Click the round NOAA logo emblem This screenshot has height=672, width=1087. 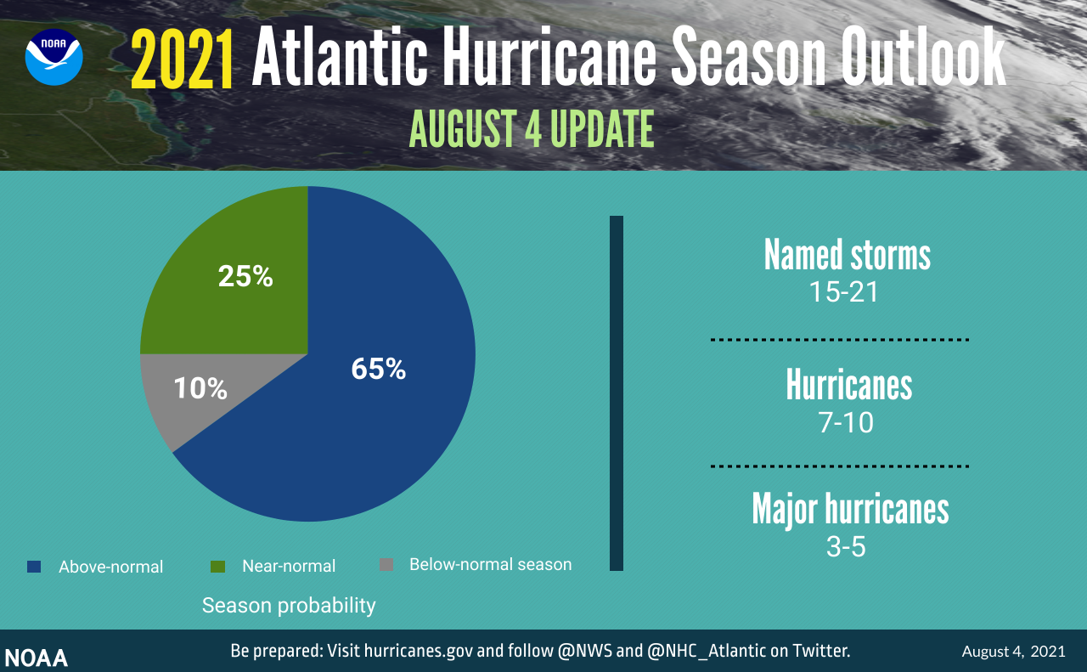[54, 57]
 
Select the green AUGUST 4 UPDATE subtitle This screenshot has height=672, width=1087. [532, 130]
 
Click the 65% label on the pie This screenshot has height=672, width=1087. [379, 369]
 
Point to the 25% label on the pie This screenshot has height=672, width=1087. [245, 276]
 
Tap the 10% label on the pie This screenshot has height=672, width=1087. [200, 388]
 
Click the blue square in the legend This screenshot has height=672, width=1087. [34, 566]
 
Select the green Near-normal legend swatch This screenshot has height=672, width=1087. [217, 566]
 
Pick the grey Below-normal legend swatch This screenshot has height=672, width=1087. [386, 565]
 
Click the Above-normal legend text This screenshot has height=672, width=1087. [110, 567]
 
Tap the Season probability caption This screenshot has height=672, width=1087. [289, 606]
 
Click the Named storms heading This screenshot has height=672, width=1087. [847, 254]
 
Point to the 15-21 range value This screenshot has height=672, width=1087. [843, 292]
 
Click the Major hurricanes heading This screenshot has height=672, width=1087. [850, 509]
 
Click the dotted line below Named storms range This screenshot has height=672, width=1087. [839, 340]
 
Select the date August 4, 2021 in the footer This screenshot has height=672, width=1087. [1013, 652]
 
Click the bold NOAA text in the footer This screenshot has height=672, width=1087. [37, 658]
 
